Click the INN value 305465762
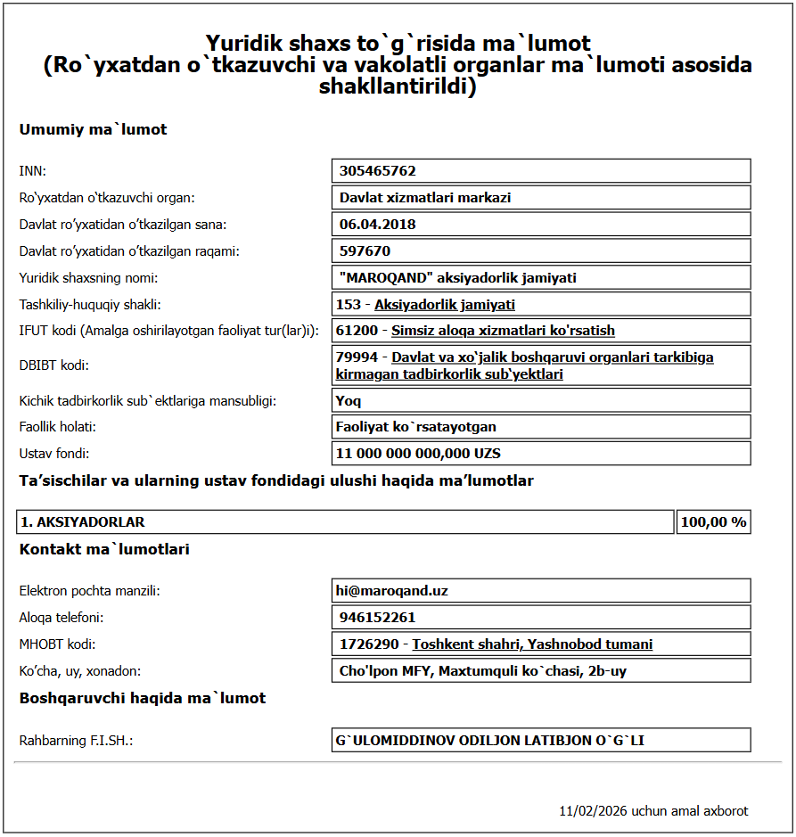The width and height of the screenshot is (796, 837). pos(378,171)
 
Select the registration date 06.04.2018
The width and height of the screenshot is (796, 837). pos(378,225)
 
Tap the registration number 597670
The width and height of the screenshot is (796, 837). pos(365,251)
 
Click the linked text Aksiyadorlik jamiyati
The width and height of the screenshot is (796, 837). pos(445,305)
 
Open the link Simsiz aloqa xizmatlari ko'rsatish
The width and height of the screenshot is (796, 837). pos(503,331)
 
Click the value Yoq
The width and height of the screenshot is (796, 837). pos(349,401)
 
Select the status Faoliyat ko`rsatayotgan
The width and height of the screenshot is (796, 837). pos(415,427)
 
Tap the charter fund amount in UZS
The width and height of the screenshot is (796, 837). pos(418,454)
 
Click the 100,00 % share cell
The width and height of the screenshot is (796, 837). pos(713,522)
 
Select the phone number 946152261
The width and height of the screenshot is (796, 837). pos(377,618)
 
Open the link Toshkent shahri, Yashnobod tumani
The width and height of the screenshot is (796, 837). pos(532,644)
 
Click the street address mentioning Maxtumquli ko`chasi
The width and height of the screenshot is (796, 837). pos(482,671)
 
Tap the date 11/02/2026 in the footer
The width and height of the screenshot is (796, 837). pos(593,811)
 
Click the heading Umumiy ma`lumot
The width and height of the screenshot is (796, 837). pos(94,130)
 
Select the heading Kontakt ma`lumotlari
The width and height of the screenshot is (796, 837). pos(104,550)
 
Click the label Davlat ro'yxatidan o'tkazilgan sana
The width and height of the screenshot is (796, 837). pos(123,225)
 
